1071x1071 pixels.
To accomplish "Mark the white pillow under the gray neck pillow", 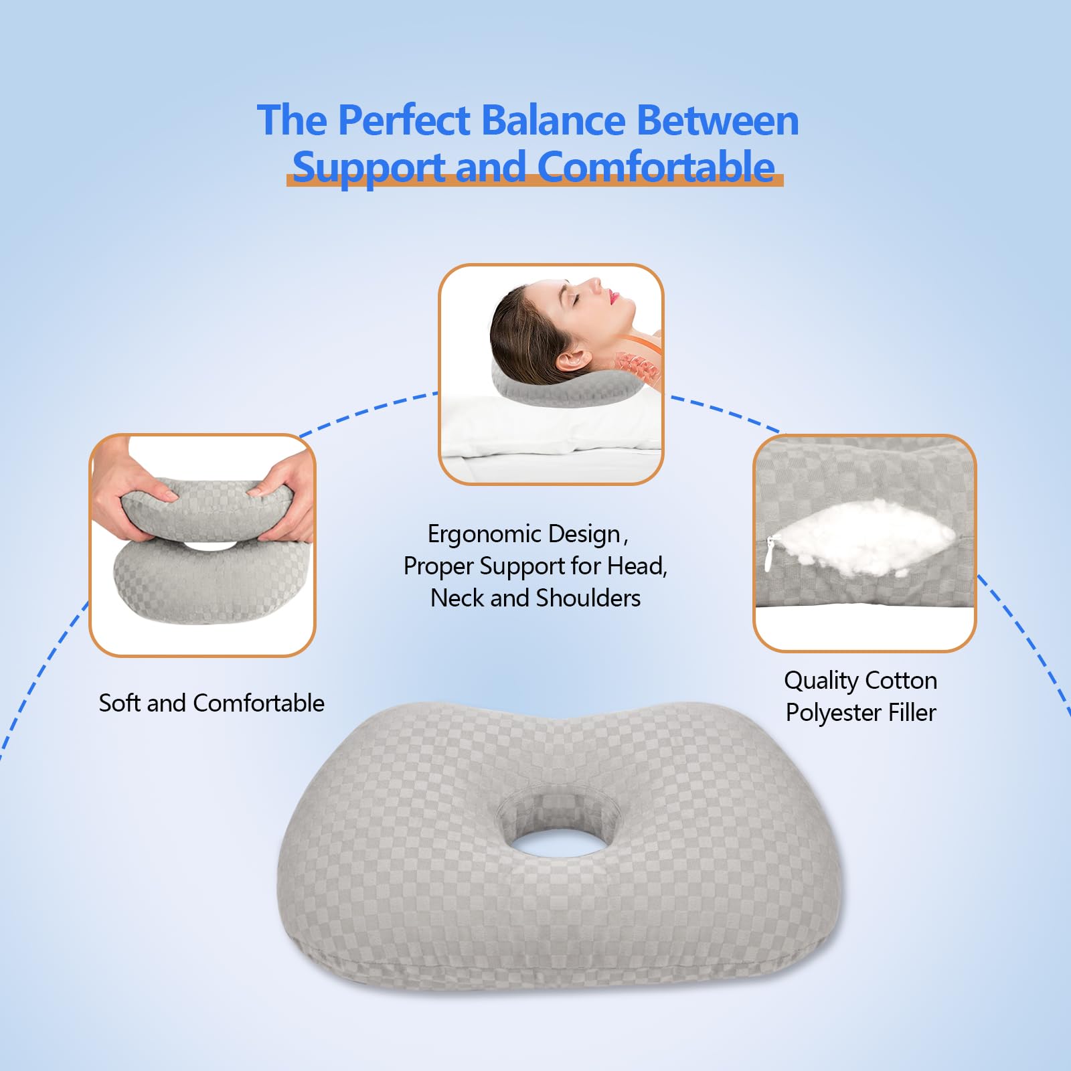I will [x=549, y=428].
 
